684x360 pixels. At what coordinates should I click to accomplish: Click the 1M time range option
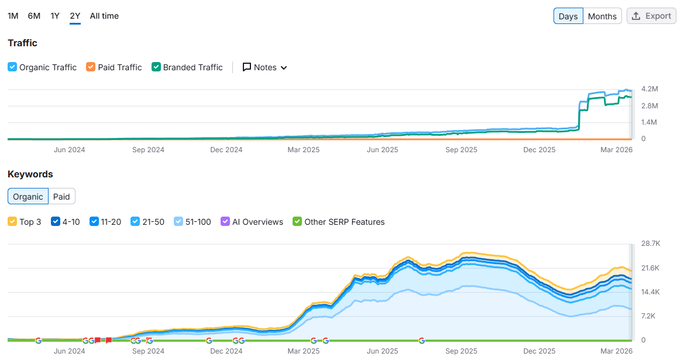(13, 16)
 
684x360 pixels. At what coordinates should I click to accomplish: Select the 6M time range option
(34, 16)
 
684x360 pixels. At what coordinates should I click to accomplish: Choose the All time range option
(104, 16)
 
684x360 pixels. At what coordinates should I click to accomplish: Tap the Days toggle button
(568, 16)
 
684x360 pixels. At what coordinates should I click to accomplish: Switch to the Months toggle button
(602, 16)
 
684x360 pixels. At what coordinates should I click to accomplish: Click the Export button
(651, 16)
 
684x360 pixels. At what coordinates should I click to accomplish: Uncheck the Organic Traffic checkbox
(12, 67)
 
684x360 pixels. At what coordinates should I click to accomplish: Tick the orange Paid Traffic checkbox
(91, 67)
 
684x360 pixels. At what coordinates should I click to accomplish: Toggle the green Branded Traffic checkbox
(156, 67)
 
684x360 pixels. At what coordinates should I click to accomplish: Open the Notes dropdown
(265, 67)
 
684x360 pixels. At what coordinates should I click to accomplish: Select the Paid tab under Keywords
(61, 197)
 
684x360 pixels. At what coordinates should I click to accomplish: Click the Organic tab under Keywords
(28, 197)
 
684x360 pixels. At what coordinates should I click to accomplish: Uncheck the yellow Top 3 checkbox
(12, 222)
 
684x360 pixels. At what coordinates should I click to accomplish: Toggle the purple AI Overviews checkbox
(225, 222)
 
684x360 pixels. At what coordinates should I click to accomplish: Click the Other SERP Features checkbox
(297, 222)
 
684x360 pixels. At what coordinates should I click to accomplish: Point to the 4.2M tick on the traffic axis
(649, 89)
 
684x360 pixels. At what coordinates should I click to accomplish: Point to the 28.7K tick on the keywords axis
(651, 243)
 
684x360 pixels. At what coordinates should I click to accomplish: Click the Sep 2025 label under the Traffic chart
(461, 150)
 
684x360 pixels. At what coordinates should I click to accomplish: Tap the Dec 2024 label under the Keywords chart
(226, 351)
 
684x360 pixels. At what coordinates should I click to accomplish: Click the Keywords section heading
(30, 174)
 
